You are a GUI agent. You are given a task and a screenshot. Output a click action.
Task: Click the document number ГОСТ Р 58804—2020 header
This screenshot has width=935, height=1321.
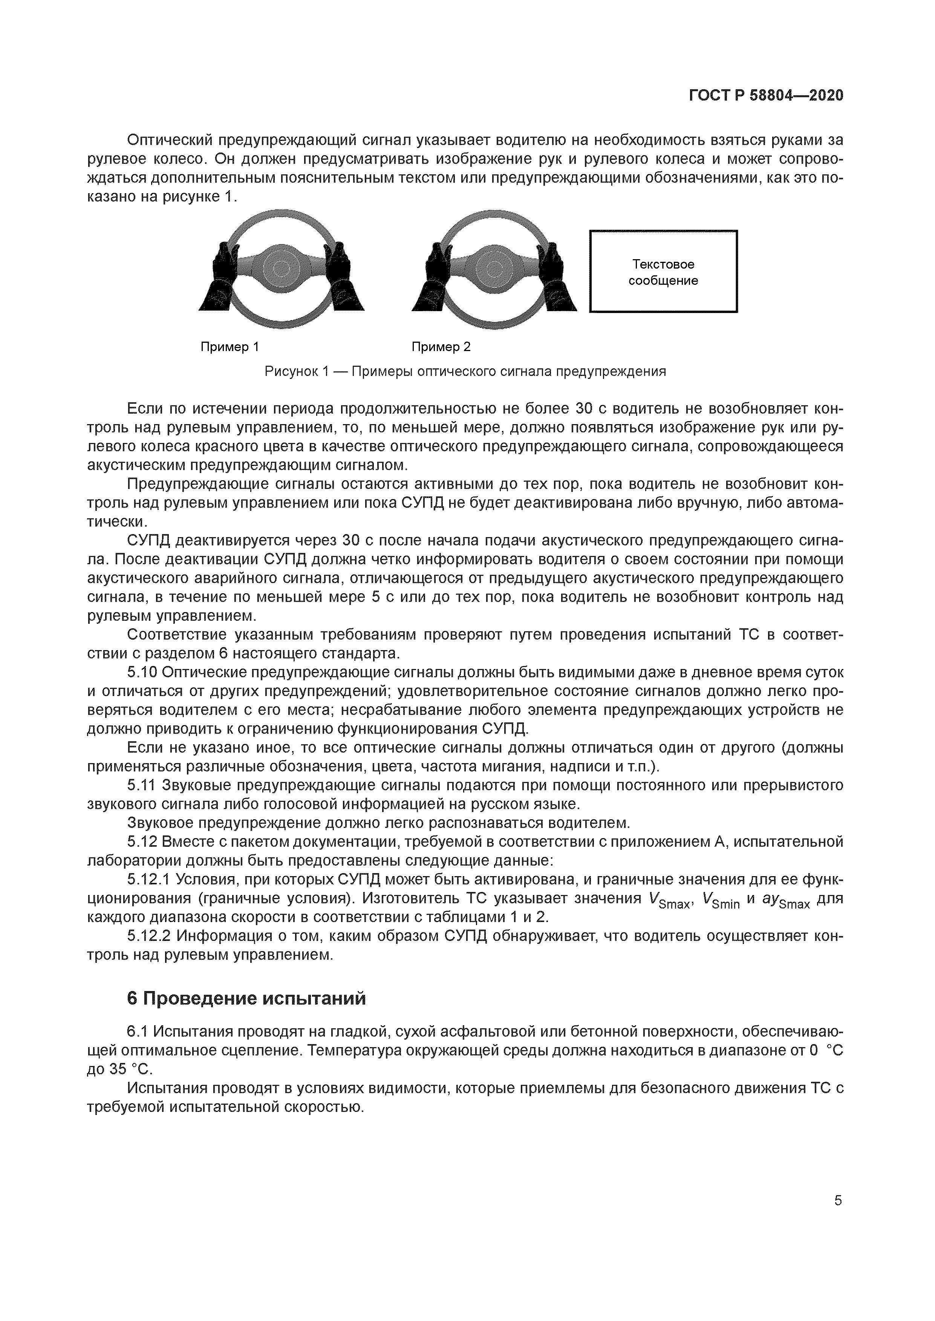[x=766, y=96]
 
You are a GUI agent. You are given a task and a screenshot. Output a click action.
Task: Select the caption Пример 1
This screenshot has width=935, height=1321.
[x=229, y=347]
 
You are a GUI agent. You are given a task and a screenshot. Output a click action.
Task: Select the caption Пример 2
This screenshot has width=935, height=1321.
[x=441, y=347]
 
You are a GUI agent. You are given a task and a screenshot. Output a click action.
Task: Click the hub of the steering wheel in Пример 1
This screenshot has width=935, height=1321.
[x=281, y=269]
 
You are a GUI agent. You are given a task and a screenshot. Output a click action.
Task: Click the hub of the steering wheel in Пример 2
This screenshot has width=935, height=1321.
[x=494, y=269]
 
